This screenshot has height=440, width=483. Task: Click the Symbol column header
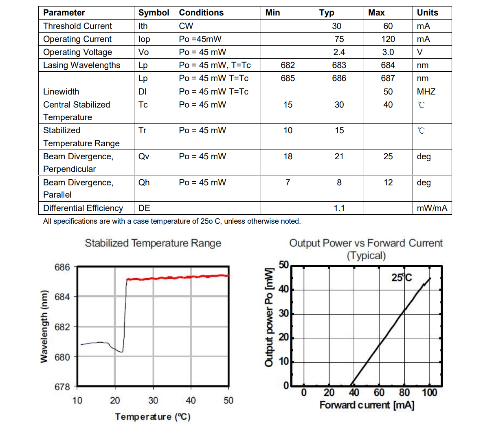(x=154, y=13)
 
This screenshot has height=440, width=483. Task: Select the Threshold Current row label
(x=77, y=26)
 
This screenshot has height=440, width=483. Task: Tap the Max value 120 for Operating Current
(x=388, y=39)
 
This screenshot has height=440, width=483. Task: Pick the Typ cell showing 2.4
(x=339, y=52)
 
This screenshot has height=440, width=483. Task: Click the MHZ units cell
(x=426, y=92)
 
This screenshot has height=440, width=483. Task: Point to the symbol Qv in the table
(x=144, y=156)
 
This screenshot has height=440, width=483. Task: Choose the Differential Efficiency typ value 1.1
(x=339, y=208)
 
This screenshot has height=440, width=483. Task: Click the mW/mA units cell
(x=432, y=208)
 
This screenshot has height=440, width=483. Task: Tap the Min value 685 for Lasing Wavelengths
(x=288, y=78)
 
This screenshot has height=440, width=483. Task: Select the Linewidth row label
(x=61, y=92)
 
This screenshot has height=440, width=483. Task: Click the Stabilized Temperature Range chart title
(x=153, y=243)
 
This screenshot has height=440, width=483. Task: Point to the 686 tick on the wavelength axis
(x=62, y=267)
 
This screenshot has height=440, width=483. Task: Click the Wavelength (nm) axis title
(x=44, y=326)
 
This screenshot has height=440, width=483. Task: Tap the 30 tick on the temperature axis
(x=153, y=400)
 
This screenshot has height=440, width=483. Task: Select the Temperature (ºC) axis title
(x=153, y=417)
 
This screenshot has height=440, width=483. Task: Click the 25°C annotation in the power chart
(x=402, y=277)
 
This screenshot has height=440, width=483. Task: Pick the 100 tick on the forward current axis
(x=429, y=393)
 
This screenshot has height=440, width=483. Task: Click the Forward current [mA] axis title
(x=367, y=405)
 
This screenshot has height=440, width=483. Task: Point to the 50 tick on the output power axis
(x=283, y=265)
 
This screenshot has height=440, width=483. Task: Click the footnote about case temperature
(x=172, y=221)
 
